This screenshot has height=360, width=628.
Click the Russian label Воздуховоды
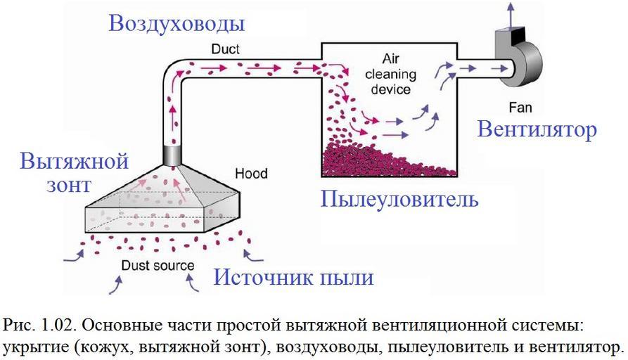point(177,23)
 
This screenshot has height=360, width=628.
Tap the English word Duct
point(225,49)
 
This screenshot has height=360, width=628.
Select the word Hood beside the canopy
point(251,173)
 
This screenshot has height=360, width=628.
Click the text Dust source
point(158,266)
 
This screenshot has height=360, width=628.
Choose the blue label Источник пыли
point(293,276)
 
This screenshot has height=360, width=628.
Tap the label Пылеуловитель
point(399,199)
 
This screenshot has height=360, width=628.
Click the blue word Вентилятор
point(537,129)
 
